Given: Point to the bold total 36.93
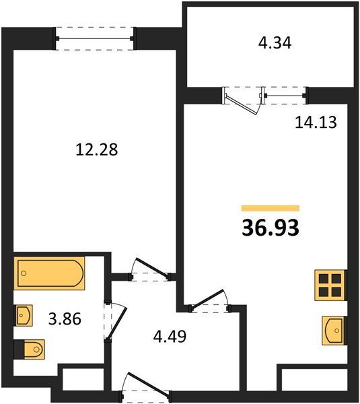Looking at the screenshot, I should (x=270, y=228).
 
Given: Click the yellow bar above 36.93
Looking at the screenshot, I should (x=270, y=209).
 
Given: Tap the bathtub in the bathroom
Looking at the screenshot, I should (x=50, y=275).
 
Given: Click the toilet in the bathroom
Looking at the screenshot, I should (x=30, y=349).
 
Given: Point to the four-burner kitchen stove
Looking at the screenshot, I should (x=330, y=285).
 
